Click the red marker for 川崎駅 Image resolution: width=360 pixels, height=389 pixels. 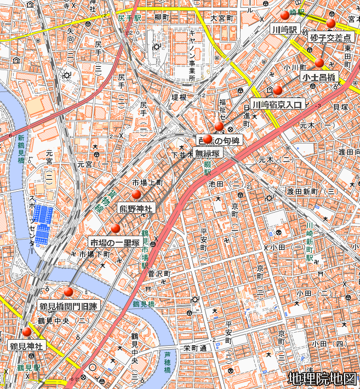[284, 15]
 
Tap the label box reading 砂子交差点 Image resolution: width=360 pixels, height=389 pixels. [329, 38]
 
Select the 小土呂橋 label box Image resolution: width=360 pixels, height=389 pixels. [319, 77]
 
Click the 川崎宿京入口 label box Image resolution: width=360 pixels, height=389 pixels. [277, 105]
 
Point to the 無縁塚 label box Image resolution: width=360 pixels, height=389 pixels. [208, 153]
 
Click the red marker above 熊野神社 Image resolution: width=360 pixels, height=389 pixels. [136, 195]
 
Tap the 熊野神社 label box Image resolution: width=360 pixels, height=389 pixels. [136, 208]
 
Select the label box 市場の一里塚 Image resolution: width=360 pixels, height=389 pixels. [115, 242]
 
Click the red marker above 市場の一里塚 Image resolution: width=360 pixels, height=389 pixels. [115, 228]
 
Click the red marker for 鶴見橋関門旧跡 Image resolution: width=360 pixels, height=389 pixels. [68, 292]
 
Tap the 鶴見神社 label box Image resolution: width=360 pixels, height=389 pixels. [26, 346]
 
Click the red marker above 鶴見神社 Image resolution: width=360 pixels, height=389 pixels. [26, 332]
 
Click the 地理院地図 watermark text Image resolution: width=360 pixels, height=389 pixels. [322, 379]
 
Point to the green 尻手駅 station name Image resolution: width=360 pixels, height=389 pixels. [129, 18]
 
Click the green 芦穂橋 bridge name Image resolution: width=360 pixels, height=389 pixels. [167, 362]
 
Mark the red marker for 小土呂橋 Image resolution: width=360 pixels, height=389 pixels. [319, 63]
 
